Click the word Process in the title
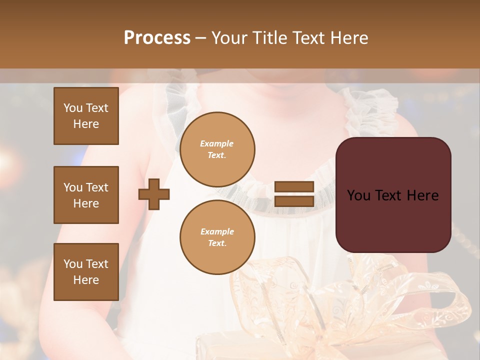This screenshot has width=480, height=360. click(157, 38)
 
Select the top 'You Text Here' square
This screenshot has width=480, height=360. click(86, 116)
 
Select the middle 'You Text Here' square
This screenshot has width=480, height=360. click(86, 195)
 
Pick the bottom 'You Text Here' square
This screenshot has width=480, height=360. click(86, 272)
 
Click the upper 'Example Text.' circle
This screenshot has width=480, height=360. click(217, 149)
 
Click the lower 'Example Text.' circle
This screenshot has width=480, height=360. click(217, 237)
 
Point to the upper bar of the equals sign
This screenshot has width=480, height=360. click(294, 187)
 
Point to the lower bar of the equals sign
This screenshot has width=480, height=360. click(294, 201)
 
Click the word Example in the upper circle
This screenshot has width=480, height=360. click(217, 144)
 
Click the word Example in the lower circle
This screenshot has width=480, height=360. click(217, 232)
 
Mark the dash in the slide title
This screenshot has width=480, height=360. click(200, 38)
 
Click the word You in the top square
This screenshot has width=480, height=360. click(72, 108)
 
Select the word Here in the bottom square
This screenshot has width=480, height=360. click(86, 280)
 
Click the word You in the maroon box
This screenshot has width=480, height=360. click(358, 195)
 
